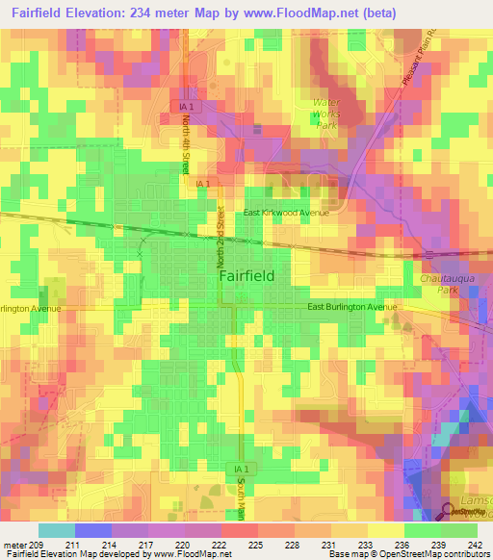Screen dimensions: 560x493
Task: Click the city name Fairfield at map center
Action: click(x=246, y=275)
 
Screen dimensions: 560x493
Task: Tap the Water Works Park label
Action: click(x=327, y=113)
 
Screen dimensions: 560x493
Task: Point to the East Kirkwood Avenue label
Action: click(x=286, y=213)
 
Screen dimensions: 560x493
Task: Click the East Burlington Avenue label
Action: click(x=351, y=307)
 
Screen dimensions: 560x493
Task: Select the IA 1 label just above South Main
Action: click(x=241, y=469)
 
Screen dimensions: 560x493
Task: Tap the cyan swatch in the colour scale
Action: click(x=56, y=530)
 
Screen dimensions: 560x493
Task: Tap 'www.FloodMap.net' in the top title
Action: click(x=305, y=12)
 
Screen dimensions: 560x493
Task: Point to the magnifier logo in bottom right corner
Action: click(x=450, y=512)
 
